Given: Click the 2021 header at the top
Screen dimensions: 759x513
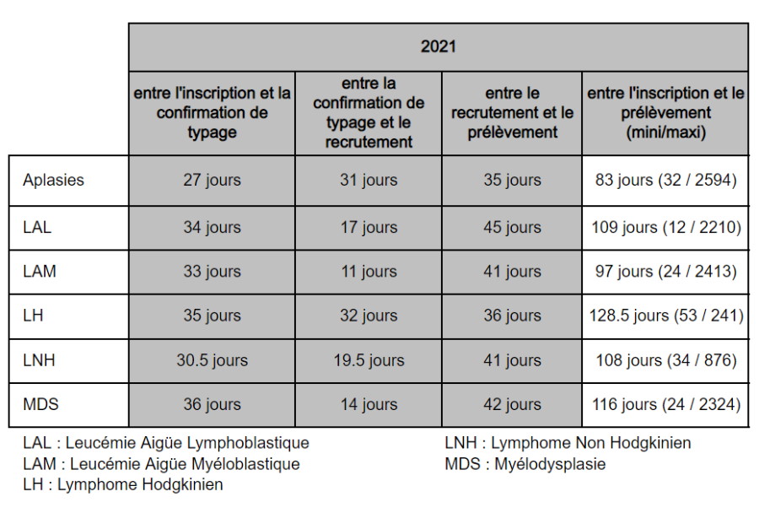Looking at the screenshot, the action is coord(438,46).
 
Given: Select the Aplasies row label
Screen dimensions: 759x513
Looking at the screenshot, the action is coord(53,180).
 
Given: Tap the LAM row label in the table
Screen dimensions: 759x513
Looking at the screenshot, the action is coord(39,272).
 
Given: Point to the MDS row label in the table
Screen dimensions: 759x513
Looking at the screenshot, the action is coord(40,404).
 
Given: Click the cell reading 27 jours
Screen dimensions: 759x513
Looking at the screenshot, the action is coord(212,180).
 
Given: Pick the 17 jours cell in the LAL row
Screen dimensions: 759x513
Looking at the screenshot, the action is coord(369,227).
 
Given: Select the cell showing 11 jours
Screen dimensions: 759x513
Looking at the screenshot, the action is coord(369,272).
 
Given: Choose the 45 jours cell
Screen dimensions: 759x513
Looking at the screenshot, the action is coord(512,227).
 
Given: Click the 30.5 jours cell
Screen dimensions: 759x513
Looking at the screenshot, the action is coord(212,360).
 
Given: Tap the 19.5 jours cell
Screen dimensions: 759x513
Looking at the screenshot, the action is coord(369,360).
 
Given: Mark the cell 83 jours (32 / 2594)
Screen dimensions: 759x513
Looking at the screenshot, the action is coord(665,180).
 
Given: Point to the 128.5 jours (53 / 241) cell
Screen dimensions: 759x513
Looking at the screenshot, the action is coord(665,316).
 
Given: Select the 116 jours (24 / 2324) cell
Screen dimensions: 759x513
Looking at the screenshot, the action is coord(665,404).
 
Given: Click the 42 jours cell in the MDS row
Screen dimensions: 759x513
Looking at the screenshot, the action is coord(512,404).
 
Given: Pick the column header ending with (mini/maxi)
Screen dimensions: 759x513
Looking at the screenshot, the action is coord(665,112).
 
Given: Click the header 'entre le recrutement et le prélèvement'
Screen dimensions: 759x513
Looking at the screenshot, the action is coord(512,112).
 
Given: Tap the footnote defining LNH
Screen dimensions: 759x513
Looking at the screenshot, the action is coord(568,443).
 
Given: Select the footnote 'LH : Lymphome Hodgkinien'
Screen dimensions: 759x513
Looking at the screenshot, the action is coord(123,484).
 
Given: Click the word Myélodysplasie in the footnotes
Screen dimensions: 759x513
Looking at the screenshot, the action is coord(550,464).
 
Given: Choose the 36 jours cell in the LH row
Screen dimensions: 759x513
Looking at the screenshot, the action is coord(512,316).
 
